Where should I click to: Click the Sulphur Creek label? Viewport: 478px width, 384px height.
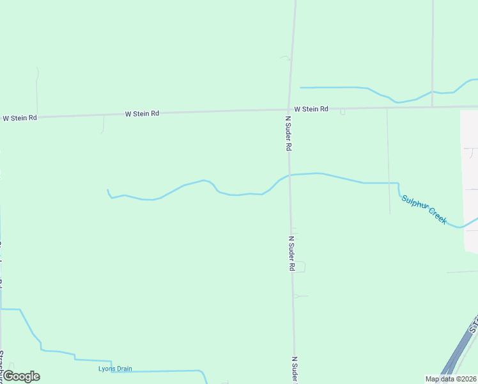[x=424, y=209]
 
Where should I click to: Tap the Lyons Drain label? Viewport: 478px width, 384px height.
[x=115, y=369]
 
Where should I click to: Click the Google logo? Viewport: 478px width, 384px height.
[x=21, y=376]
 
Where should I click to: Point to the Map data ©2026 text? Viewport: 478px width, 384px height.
[x=451, y=379]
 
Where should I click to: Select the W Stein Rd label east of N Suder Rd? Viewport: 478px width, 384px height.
[x=311, y=109]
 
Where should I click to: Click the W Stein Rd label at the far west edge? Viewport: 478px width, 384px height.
[x=19, y=118]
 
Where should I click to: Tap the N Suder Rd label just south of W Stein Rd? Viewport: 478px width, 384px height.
[x=288, y=133]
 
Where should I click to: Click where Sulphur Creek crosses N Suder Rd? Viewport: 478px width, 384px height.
[x=289, y=175]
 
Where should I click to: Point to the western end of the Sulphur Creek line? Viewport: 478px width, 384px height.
[x=107, y=190]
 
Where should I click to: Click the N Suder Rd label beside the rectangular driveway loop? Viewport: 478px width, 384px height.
[x=291, y=253]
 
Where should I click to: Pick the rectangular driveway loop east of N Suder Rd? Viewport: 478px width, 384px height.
[x=299, y=266]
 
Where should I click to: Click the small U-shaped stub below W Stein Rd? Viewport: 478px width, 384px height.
[x=343, y=112]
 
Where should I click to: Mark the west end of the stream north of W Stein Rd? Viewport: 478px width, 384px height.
[x=300, y=87]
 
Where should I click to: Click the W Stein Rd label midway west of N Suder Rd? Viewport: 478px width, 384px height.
[x=141, y=113]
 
